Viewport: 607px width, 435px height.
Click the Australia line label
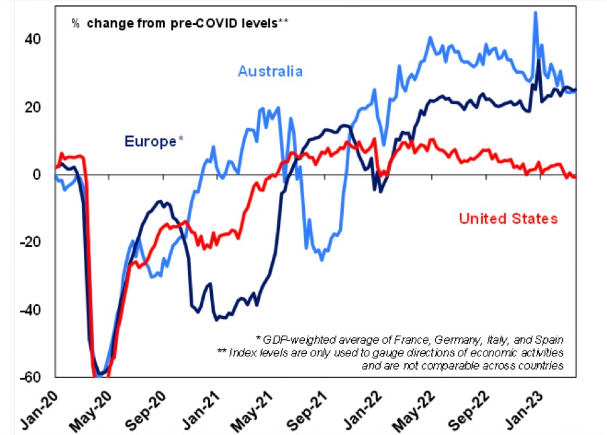tap(270, 71)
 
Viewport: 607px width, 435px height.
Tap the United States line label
tap(508, 218)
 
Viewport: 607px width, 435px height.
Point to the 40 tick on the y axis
tap(34, 39)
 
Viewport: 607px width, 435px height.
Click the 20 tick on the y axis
tap(34, 107)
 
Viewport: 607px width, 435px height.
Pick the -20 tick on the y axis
tap(31, 243)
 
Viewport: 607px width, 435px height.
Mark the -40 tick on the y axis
tap(31, 311)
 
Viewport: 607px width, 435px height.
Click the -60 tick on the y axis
tap(31, 377)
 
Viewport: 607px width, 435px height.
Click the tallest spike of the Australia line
tap(534, 13)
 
